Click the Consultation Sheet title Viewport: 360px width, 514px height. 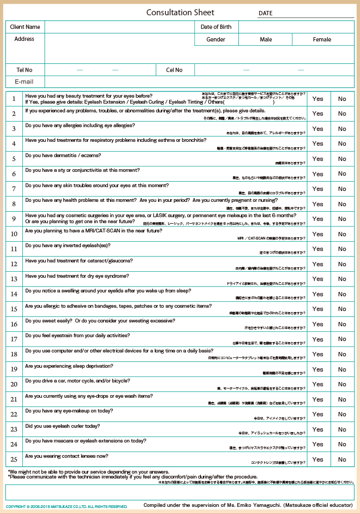coord(180,13)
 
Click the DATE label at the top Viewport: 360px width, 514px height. coord(266,13)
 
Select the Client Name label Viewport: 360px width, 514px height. coord(25,27)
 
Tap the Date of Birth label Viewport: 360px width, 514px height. coord(216,27)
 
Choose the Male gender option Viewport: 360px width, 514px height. coord(266,39)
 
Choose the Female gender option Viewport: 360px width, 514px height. coord(322,39)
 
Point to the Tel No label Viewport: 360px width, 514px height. coord(25,70)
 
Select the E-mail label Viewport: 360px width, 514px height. coord(25,82)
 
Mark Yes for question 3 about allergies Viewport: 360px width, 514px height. coord(317,129)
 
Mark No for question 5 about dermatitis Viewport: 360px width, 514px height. coord(342,159)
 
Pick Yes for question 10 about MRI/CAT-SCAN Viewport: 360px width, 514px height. coord(317,234)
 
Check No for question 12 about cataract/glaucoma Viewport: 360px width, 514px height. coord(342,264)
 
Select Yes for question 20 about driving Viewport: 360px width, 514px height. coord(317,384)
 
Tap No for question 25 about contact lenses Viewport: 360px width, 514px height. coord(342,459)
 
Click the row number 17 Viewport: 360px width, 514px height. coord(14,339)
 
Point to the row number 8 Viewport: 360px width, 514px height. coord(14,204)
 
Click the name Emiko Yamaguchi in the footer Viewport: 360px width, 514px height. coord(254,505)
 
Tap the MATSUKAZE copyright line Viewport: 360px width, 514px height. coord(67,507)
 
